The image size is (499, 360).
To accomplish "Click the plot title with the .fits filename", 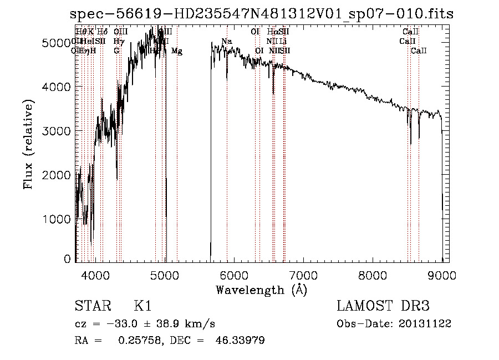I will (262, 14).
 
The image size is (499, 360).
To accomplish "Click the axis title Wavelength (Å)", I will (261, 290).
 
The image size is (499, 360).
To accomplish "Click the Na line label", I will (226, 41).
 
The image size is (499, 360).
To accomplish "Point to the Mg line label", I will (177, 51).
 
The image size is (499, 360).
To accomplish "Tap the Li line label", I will (283, 41).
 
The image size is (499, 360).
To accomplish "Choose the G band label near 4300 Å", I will (116, 51).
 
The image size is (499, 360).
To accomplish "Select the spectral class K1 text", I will (142, 306).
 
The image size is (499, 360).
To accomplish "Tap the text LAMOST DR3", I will (383, 306).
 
